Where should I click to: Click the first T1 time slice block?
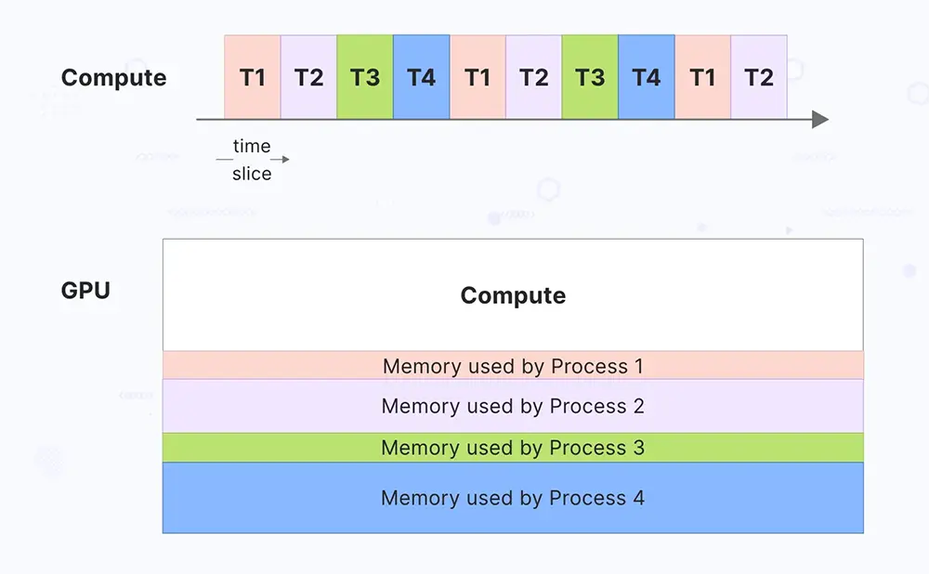pyautogui.click(x=253, y=77)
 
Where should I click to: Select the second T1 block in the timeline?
pyautogui.click(x=478, y=77)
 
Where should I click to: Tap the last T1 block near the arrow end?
pyautogui.click(x=702, y=77)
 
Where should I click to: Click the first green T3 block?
pyautogui.click(x=365, y=77)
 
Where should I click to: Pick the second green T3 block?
pyautogui.click(x=590, y=77)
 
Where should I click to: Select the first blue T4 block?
pyautogui.click(x=421, y=77)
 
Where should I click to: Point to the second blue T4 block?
pyautogui.click(x=646, y=77)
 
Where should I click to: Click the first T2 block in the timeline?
pyautogui.click(x=308, y=77)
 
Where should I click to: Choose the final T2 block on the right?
pyautogui.click(x=759, y=77)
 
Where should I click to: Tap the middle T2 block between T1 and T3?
pyautogui.click(x=533, y=77)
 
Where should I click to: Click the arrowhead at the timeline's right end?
pyautogui.click(x=819, y=119)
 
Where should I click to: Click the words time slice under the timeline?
pyautogui.click(x=252, y=160)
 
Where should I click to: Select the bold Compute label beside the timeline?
pyautogui.click(x=113, y=78)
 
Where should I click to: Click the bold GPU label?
pyautogui.click(x=85, y=291)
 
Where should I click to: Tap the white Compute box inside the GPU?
pyautogui.click(x=513, y=295)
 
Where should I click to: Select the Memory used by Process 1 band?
pyautogui.click(x=513, y=366)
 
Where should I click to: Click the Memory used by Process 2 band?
pyautogui.click(x=513, y=406)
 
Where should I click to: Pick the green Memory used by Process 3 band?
pyautogui.click(x=513, y=448)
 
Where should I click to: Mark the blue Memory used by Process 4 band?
pyautogui.click(x=513, y=498)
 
